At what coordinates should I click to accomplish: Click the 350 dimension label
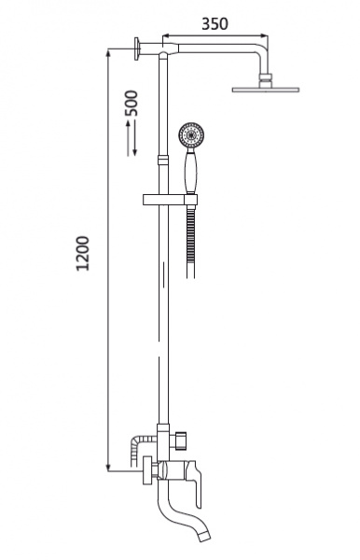[215, 24]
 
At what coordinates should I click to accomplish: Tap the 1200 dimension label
[83, 253]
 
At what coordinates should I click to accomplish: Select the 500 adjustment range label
[131, 104]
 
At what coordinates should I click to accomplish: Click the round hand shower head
[191, 135]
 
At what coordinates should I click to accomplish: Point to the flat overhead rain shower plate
[266, 90]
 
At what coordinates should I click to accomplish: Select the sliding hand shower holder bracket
[170, 200]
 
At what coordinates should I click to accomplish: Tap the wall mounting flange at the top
[137, 49]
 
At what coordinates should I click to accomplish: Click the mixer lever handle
[193, 481]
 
